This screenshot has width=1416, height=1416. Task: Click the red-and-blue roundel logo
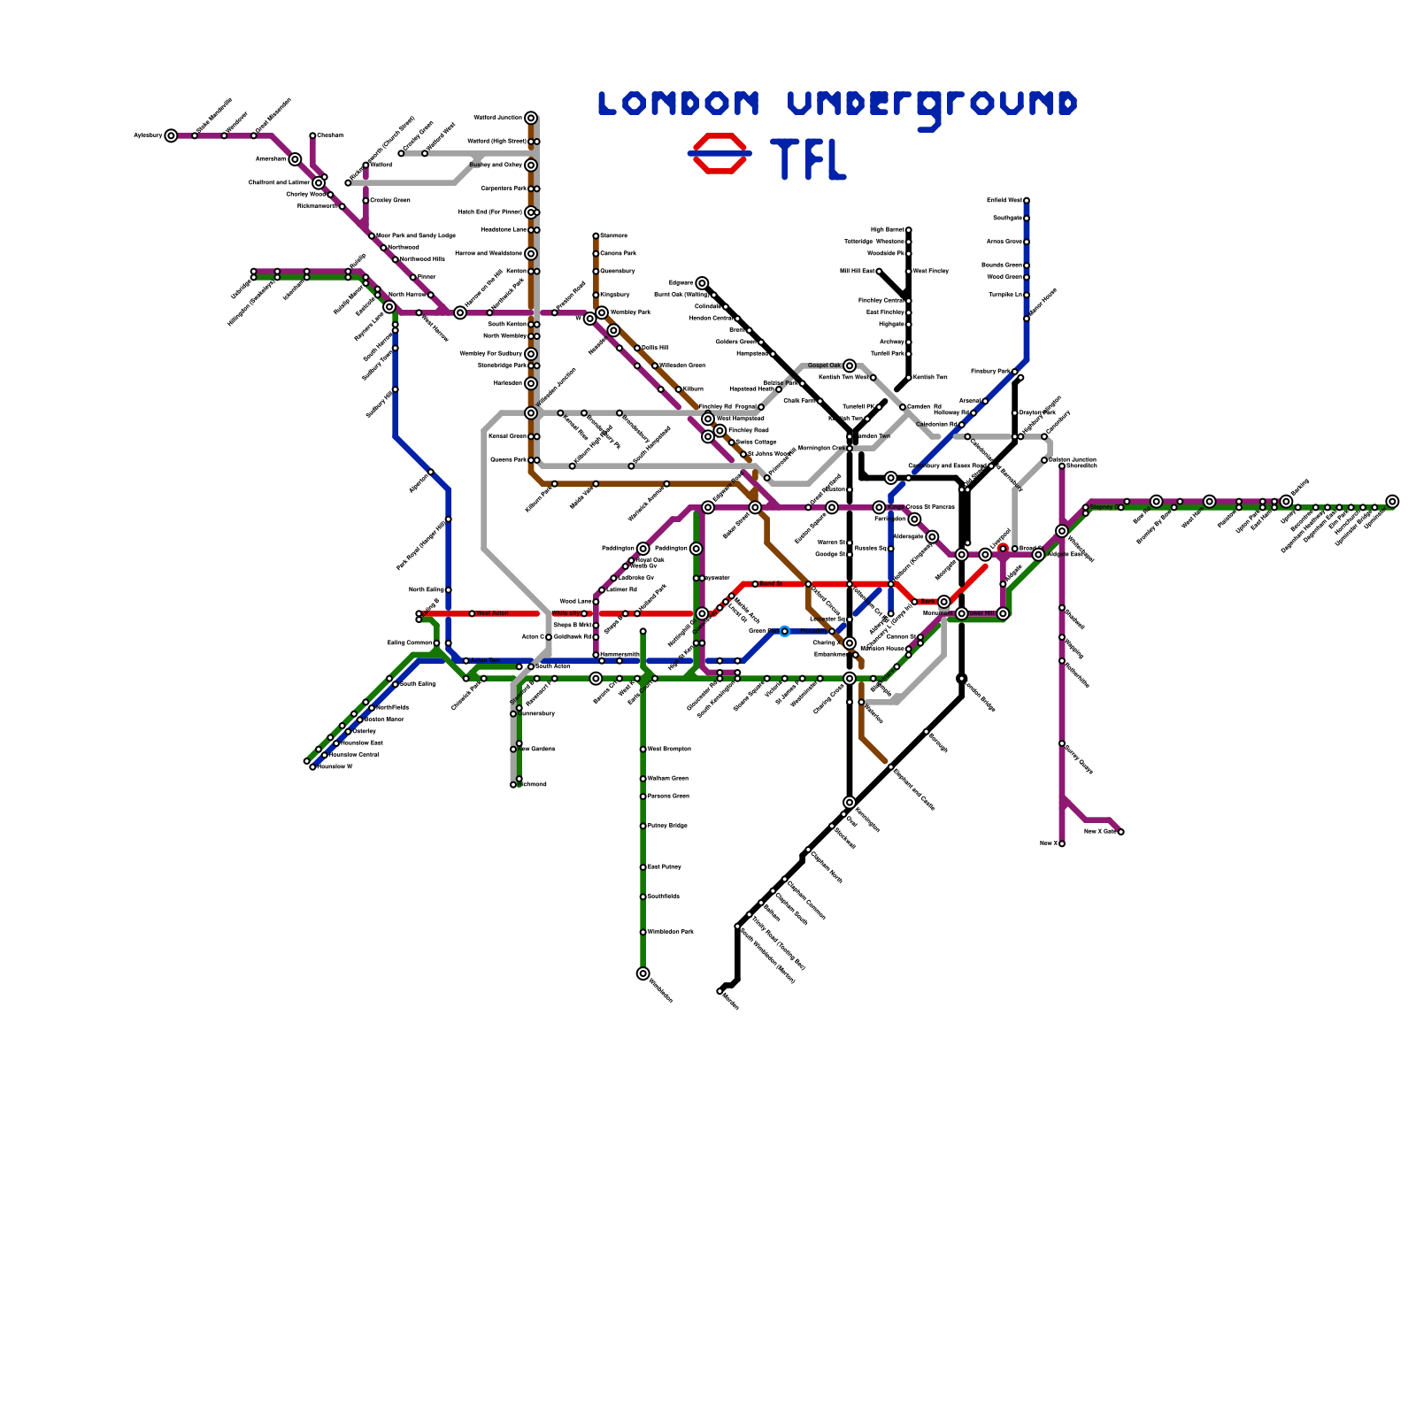pos(720,153)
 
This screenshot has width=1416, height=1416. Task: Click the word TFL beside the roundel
pos(809,159)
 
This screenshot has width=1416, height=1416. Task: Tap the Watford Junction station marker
pos(530,118)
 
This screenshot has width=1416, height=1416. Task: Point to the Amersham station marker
pos(295,159)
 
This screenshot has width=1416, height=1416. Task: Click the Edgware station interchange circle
pos(702,283)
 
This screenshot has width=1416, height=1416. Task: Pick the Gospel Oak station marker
pos(850,366)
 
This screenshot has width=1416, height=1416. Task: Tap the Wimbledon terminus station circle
pos(643,973)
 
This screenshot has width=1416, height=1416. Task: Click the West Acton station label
pos(492,613)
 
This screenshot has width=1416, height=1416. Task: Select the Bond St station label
pos(771,584)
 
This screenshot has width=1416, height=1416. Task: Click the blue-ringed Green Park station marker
pos(784,631)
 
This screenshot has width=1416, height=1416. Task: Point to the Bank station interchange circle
pos(943,602)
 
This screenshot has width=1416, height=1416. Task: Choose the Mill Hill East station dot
pos(879,271)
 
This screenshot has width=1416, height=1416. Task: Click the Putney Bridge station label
pos(667,826)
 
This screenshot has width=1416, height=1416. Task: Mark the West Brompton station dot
pos(643,750)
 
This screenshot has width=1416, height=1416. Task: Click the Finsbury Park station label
pos(989,372)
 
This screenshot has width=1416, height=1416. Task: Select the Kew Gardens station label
pos(536,750)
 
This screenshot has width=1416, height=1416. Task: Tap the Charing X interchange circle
pos(850,643)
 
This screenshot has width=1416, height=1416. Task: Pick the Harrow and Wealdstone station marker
pos(530,254)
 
